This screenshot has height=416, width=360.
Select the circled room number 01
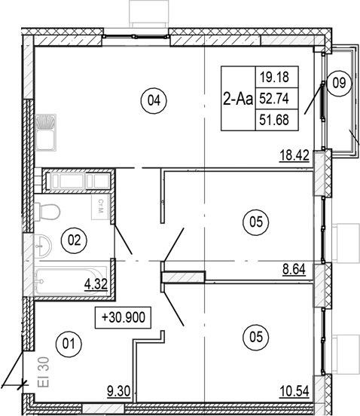click(x=69, y=345)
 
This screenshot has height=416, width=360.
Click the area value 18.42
click(x=294, y=158)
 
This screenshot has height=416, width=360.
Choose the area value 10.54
click(x=294, y=391)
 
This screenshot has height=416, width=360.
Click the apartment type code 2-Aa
click(x=238, y=98)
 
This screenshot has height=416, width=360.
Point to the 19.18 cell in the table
click(x=278, y=76)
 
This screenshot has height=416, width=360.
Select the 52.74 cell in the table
click(x=278, y=97)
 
